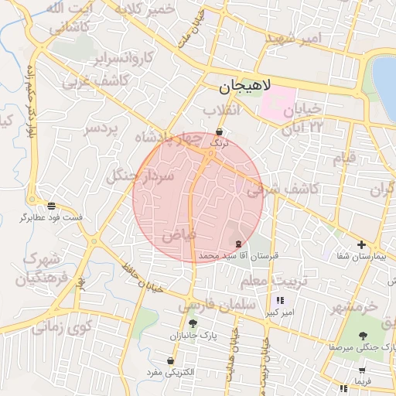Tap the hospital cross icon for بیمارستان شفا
tap(361, 245)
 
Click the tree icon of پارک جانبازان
tap(193, 324)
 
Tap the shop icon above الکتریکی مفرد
tap(170, 361)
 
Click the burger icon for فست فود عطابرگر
tap(51, 206)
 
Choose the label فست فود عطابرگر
tap(56, 217)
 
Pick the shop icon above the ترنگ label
tap(220, 131)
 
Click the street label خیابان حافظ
tap(140, 277)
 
